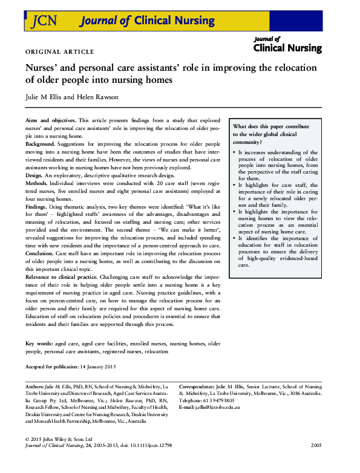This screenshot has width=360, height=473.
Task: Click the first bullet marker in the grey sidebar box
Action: click(x=234, y=153)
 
